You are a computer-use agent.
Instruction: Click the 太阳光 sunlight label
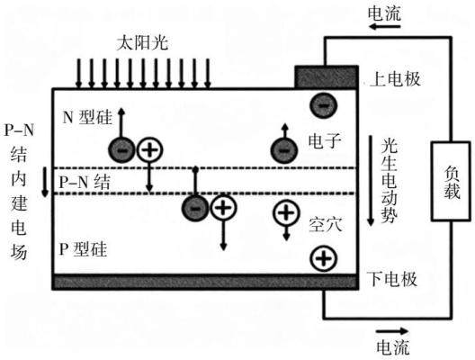click(x=142, y=43)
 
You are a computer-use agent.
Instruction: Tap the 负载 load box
click(x=451, y=181)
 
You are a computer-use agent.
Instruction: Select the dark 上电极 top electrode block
click(x=327, y=77)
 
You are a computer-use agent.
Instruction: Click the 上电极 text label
click(x=395, y=79)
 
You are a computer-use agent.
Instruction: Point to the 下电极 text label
click(x=392, y=279)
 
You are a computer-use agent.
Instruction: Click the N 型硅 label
click(x=87, y=117)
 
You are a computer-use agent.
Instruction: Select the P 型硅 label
click(x=83, y=249)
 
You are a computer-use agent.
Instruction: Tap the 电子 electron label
click(x=325, y=141)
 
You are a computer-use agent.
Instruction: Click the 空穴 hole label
click(x=326, y=225)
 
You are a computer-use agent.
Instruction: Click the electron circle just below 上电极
click(x=324, y=105)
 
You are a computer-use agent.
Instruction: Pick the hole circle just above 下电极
click(x=324, y=259)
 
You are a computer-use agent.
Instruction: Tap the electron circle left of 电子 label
click(x=284, y=149)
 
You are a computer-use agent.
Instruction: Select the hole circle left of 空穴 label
click(x=287, y=212)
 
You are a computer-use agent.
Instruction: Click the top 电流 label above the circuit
click(x=384, y=13)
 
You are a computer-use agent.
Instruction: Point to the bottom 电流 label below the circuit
click(x=393, y=347)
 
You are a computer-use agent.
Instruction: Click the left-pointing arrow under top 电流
click(x=384, y=27)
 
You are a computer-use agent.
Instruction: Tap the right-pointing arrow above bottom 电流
click(x=392, y=331)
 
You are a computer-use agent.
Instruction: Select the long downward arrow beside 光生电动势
click(x=371, y=181)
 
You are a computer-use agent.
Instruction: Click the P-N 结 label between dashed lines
click(x=85, y=183)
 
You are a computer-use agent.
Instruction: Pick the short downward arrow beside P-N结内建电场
click(x=45, y=182)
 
